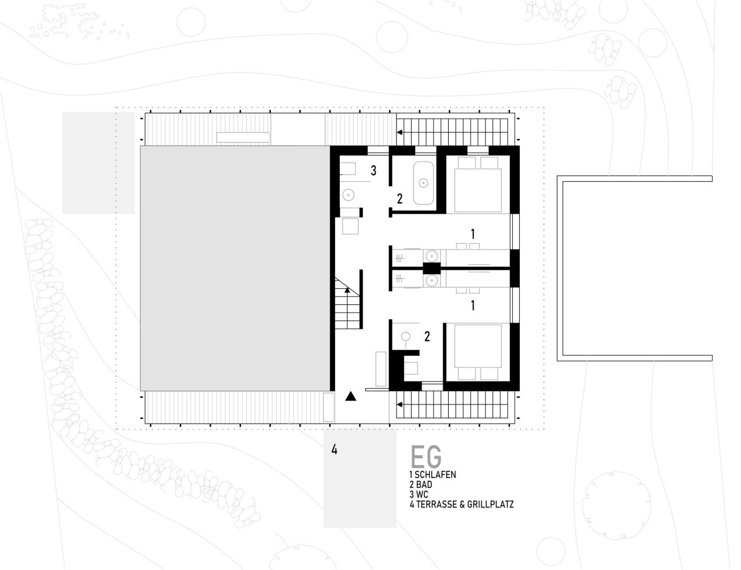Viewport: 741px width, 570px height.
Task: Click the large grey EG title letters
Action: click(x=426, y=457)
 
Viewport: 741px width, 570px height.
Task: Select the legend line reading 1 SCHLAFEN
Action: click(x=433, y=475)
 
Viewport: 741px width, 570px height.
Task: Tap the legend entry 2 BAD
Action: click(x=421, y=484)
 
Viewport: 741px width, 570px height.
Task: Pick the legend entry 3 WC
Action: click(x=419, y=494)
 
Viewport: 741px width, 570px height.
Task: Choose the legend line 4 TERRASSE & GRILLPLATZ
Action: click(x=462, y=504)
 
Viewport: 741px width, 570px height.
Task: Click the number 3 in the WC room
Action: click(x=373, y=171)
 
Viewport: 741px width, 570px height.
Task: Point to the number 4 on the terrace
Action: click(x=334, y=450)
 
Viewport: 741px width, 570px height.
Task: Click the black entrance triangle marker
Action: click(x=351, y=396)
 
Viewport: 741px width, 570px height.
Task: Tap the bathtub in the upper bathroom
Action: click(x=423, y=183)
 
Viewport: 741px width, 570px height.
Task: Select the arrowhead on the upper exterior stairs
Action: click(x=399, y=132)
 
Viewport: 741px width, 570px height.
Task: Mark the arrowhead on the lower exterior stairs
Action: click(x=399, y=404)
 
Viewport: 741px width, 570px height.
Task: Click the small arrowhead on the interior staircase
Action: click(x=347, y=290)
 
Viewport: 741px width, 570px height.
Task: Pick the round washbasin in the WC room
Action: click(x=349, y=195)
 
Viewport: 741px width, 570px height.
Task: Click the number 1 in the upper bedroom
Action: click(x=472, y=234)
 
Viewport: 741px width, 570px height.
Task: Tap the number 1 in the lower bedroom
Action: click(x=472, y=306)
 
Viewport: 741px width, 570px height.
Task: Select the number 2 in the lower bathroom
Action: click(x=427, y=337)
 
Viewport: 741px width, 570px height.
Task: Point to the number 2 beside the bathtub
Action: click(x=399, y=198)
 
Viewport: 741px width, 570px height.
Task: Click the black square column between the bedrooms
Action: click(x=432, y=269)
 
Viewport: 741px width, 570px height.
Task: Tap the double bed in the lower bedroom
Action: click(x=478, y=352)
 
